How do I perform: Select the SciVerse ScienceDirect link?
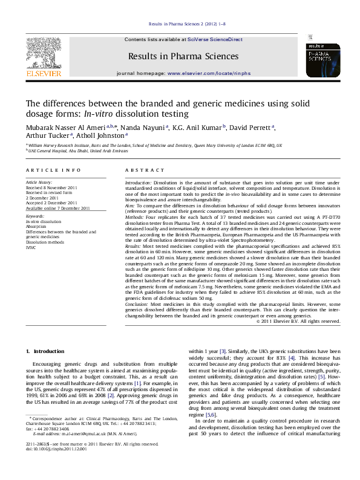tap(215, 39)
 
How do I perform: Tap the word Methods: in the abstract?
tap(136, 216)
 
